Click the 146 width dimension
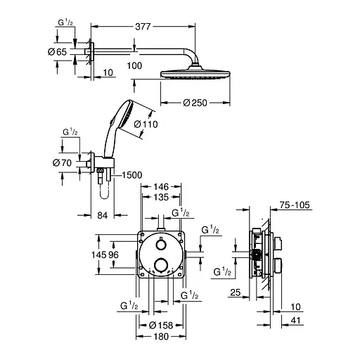click(162, 186)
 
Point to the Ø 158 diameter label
click(162, 325)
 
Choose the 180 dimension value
click(162, 336)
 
